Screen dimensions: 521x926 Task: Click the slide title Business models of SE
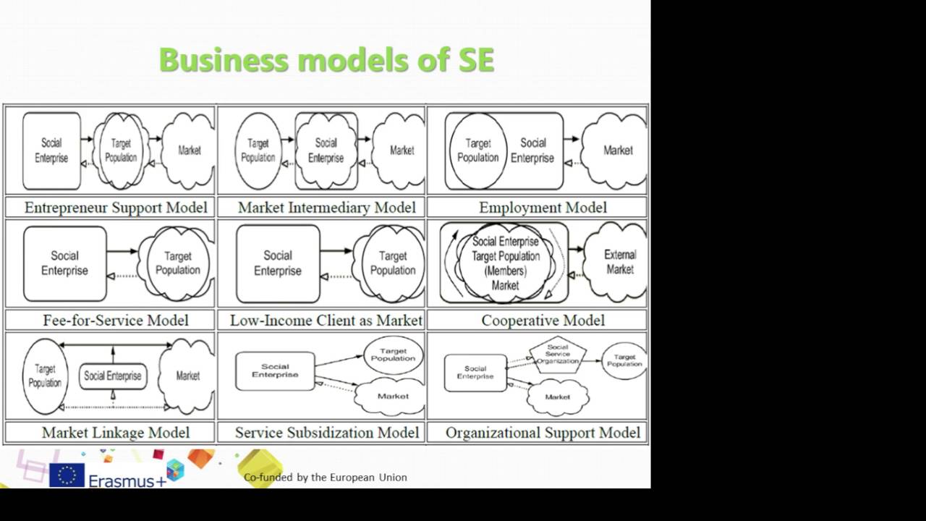pos(326,59)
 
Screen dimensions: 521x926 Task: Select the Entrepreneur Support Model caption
pos(116,208)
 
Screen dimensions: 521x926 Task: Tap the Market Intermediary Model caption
pos(326,208)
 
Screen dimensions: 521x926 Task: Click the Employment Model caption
pos(543,208)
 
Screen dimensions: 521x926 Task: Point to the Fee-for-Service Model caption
pos(116,320)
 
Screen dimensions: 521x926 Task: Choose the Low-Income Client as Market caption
pos(326,320)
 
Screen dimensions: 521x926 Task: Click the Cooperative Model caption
pos(543,320)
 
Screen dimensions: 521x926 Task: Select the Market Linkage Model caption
pos(116,433)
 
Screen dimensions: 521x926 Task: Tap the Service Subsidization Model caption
pos(326,433)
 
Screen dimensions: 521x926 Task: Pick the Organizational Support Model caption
pos(543,433)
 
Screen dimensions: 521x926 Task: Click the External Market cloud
pos(619,262)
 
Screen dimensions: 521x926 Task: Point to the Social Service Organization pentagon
pos(557,354)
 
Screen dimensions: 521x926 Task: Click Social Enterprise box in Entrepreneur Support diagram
pos(51,151)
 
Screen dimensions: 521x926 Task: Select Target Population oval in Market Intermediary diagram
pos(258,151)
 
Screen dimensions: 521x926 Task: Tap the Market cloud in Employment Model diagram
pos(617,151)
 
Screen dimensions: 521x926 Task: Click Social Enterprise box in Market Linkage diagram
pos(112,376)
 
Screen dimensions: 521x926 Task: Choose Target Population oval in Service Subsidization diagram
pos(393,355)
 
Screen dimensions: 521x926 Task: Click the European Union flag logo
pos(67,475)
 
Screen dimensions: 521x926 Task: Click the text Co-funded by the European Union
pos(325,478)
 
